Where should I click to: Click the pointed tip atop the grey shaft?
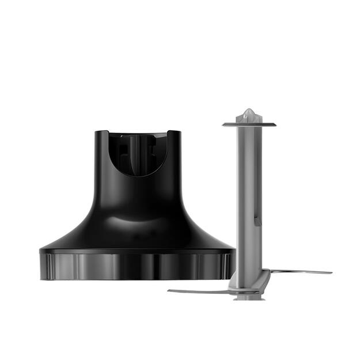point(249,111)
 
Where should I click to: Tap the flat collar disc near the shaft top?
point(249,124)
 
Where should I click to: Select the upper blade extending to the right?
point(300,271)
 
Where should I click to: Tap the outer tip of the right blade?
point(330,272)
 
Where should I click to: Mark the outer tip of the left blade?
point(169,290)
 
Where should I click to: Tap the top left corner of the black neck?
point(96,133)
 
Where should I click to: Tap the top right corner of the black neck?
point(179,133)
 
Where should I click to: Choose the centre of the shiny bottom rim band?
point(137,266)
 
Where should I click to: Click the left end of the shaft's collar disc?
point(223,124)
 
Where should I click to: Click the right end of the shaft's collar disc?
point(275,124)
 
